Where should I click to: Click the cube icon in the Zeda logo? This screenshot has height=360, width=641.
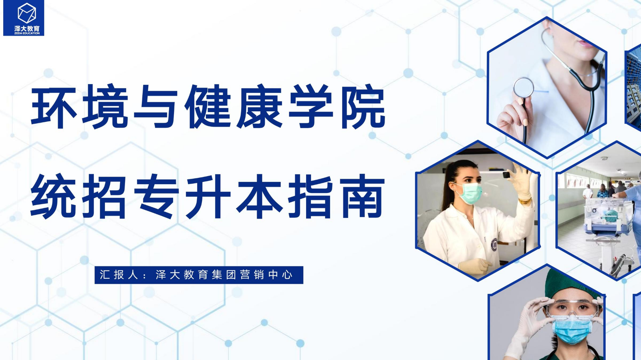(27, 13)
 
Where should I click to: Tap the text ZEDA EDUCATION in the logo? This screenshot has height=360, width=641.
(27, 33)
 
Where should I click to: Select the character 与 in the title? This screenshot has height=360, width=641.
(156, 107)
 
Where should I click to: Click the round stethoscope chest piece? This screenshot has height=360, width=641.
(523, 88)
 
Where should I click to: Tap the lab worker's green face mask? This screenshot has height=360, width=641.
(469, 193)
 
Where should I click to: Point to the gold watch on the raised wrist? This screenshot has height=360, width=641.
(525, 201)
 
